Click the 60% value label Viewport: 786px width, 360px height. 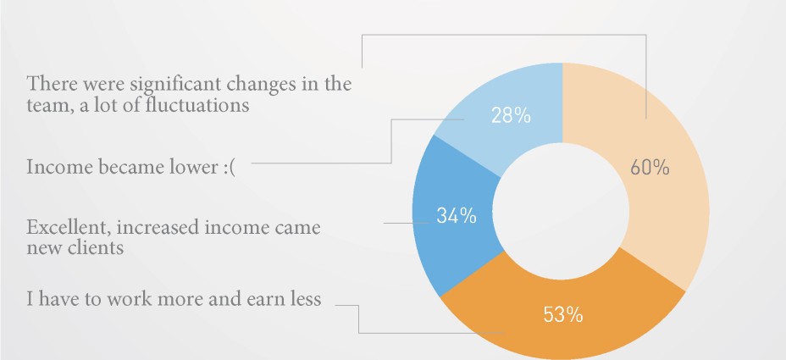pos(650,168)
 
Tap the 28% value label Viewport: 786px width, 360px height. pos(511,116)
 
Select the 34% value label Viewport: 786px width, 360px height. pos(457,216)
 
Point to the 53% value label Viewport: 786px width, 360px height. pos(563,315)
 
